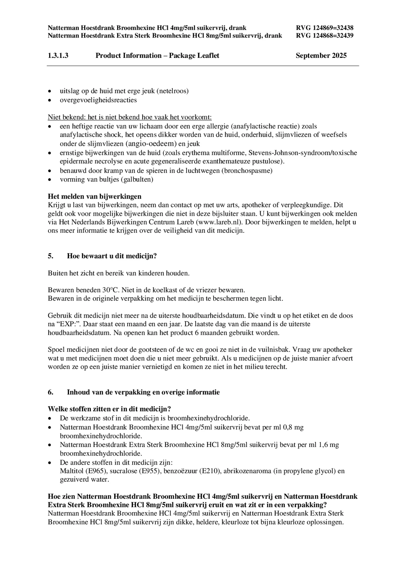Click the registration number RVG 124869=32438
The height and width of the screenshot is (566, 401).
[x=325, y=28]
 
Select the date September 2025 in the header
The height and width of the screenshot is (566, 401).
[x=321, y=56]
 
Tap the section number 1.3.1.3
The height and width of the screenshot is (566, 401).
[x=58, y=56]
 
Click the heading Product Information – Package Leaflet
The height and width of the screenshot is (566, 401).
[x=157, y=56]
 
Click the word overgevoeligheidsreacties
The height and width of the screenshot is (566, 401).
[x=98, y=100]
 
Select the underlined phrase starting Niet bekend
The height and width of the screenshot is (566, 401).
[x=130, y=117]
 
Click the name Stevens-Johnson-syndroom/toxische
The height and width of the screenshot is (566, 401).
[x=303, y=153]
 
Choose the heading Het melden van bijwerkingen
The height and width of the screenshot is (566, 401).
[x=94, y=197]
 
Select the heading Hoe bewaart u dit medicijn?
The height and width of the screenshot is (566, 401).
[x=112, y=256]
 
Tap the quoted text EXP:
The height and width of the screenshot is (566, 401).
[x=61, y=324]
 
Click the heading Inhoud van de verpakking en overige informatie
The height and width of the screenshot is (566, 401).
[x=143, y=392]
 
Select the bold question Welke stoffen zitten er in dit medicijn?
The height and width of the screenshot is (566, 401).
[x=110, y=409]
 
